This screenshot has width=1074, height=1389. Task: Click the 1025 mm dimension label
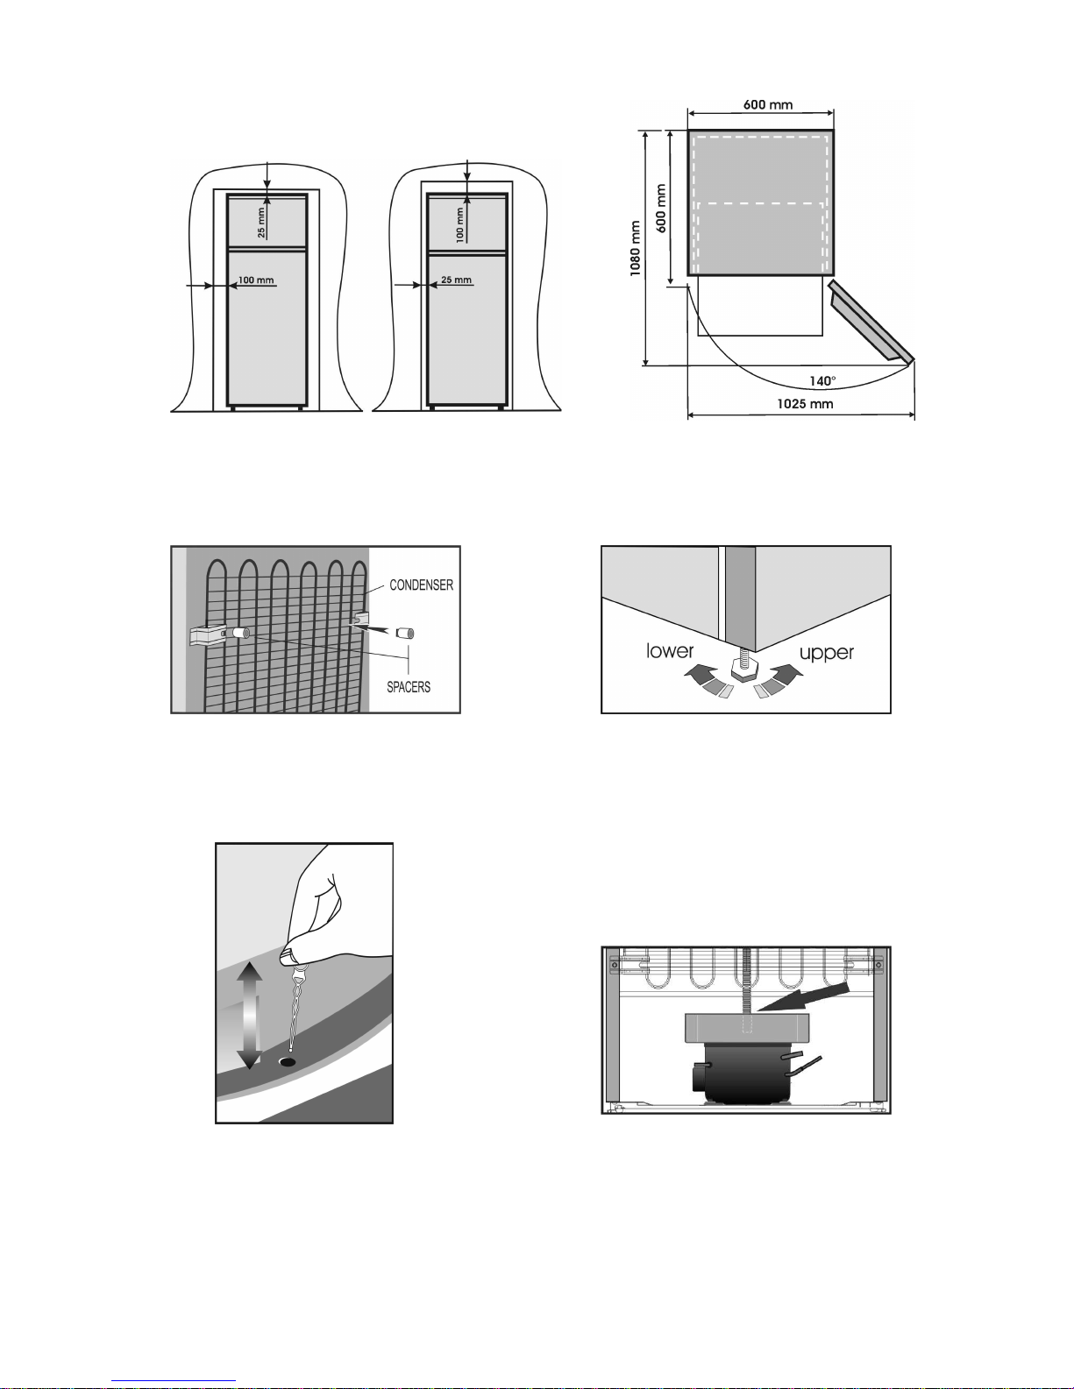coord(804,404)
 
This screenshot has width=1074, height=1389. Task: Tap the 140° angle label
coord(822,381)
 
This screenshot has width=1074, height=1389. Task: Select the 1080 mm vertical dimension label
coord(636,248)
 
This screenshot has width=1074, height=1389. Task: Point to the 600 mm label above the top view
coord(768,104)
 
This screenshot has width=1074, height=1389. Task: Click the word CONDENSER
coord(421,585)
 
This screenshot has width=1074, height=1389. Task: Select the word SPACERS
coord(409,687)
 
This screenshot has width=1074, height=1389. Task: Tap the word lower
coord(669,650)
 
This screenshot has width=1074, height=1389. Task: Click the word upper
coord(826,652)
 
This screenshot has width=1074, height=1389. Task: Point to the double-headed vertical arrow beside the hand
coord(250,1014)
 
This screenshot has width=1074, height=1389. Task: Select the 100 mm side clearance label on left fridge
coord(256,280)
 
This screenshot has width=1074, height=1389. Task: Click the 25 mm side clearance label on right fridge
coord(456,280)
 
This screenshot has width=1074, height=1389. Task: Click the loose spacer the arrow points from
coord(404,633)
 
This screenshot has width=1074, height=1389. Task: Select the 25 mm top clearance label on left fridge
coord(261,223)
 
